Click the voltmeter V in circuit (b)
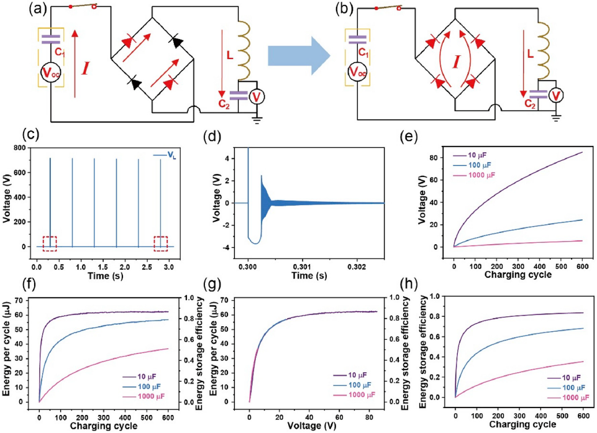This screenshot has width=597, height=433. coord(558,95)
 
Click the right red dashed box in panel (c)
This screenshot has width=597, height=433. coord(161,244)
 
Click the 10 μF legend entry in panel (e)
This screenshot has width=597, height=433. coord(477,155)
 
